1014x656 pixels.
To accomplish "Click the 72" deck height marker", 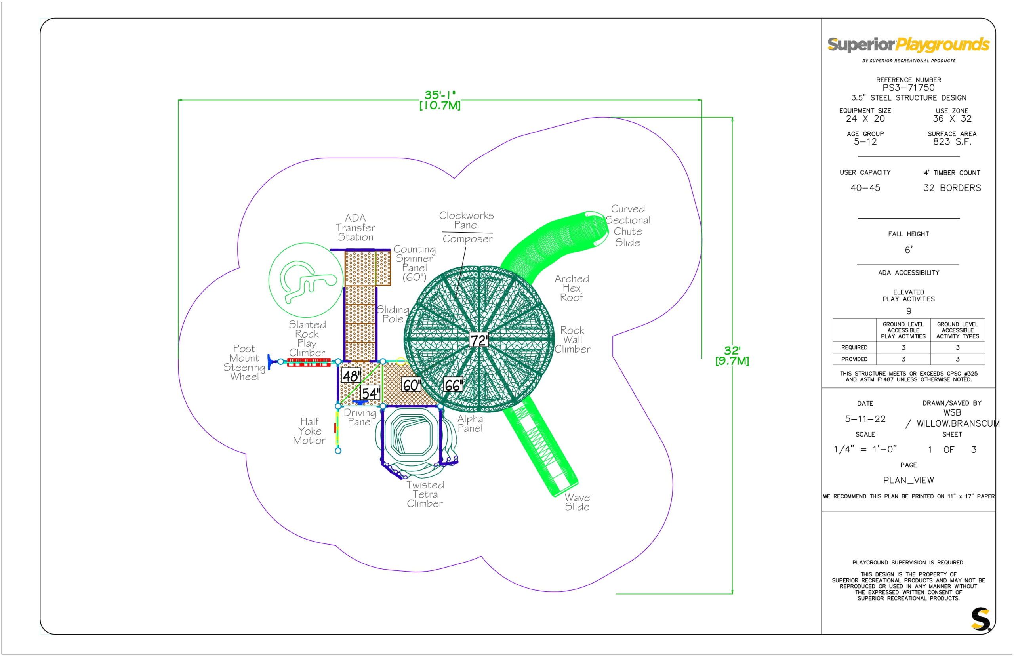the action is tap(479, 340).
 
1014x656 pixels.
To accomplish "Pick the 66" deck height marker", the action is tap(453, 385).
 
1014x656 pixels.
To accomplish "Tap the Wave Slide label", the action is tap(577, 502).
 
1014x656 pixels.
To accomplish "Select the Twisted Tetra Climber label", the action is tap(425, 494).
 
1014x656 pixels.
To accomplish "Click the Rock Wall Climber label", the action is tap(572, 339).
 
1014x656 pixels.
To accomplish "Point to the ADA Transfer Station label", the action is tap(355, 227).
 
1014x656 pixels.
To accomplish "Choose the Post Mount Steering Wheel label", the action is tap(244, 362).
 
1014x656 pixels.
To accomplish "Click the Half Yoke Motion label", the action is tap(310, 431).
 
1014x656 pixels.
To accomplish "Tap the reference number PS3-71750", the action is tap(908, 88).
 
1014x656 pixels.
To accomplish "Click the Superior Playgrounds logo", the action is tap(908, 50).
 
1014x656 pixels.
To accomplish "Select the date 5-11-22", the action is tap(865, 419).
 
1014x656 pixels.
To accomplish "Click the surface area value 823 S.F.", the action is tap(952, 142).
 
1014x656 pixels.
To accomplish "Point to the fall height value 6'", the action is tap(908, 250).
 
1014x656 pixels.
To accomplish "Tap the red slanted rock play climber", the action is tap(309, 362).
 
